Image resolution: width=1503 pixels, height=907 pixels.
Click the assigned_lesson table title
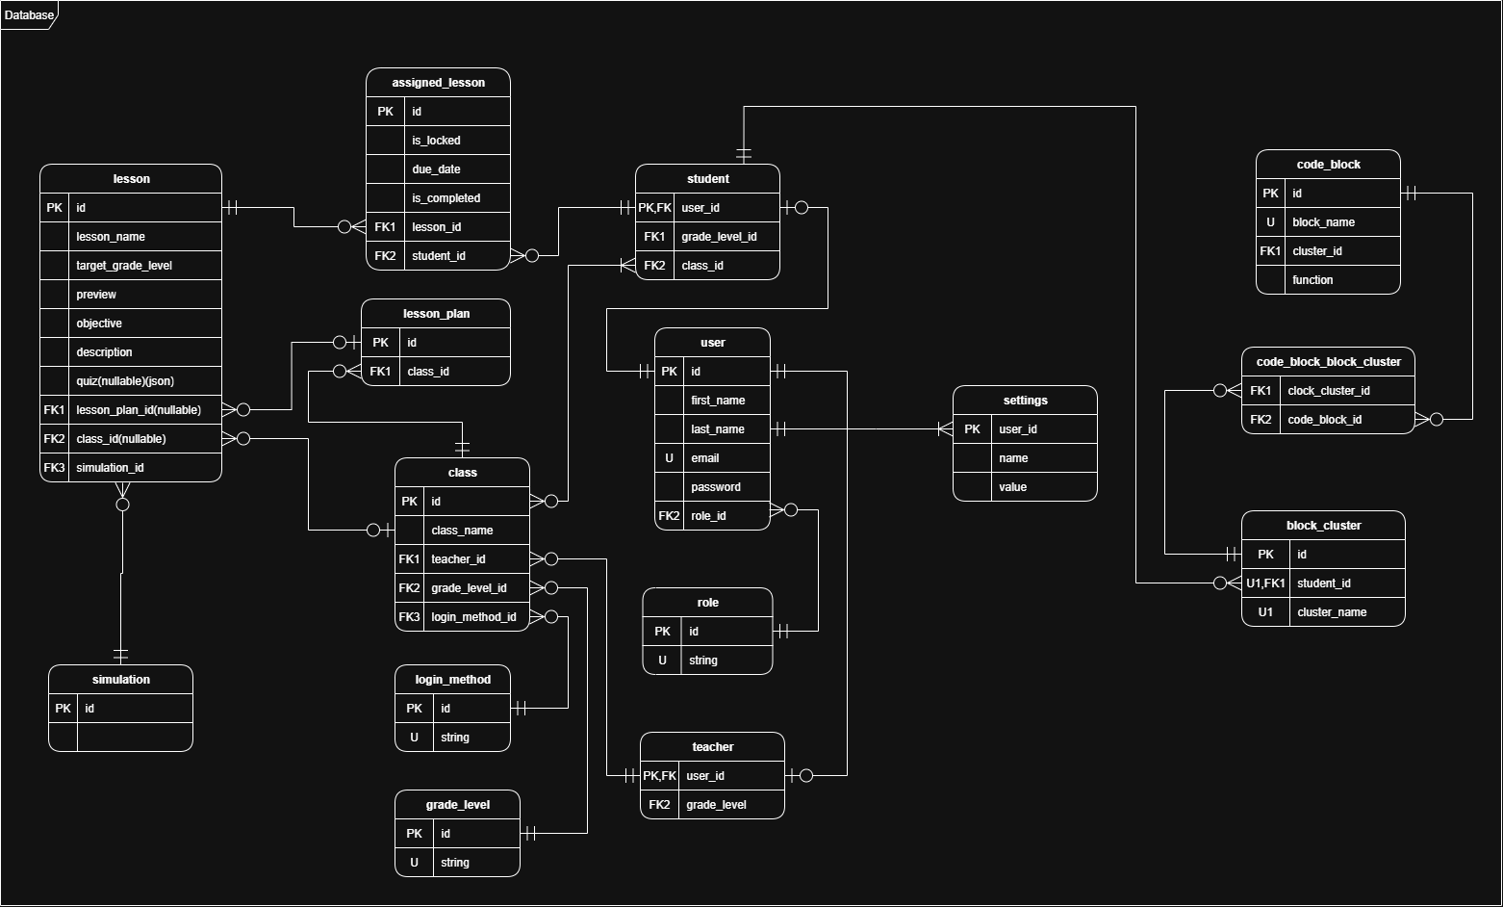[x=438, y=83]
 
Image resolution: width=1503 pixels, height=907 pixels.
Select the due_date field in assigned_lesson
[x=436, y=169]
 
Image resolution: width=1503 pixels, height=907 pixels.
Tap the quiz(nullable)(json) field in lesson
[x=125, y=381]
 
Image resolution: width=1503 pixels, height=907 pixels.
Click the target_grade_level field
[x=124, y=266]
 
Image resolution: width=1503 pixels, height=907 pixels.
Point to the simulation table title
[x=121, y=680]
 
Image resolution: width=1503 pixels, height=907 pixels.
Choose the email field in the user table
[x=705, y=458]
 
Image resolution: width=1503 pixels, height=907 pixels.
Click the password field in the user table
[x=716, y=487]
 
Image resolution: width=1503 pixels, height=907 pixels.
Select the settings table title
[x=1025, y=401]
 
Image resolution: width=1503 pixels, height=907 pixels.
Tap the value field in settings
[x=1012, y=487]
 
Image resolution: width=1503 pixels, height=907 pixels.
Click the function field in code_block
[x=1312, y=280]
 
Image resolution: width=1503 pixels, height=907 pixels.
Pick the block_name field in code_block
[x=1323, y=222]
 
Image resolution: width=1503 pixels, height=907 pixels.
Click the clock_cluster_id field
[x=1328, y=391]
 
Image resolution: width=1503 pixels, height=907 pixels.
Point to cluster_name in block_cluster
[x=1332, y=612]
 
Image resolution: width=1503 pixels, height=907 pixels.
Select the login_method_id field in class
[x=473, y=617]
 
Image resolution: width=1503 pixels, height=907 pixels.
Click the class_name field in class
[x=462, y=531]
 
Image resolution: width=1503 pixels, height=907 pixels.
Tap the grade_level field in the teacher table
[x=716, y=805]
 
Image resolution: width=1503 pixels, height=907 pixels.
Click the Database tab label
[x=29, y=14]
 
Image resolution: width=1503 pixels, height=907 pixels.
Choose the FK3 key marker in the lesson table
[x=54, y=468]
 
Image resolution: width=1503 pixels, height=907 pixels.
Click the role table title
[x=707, y=603]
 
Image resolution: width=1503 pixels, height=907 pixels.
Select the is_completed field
[x=446, y=198]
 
